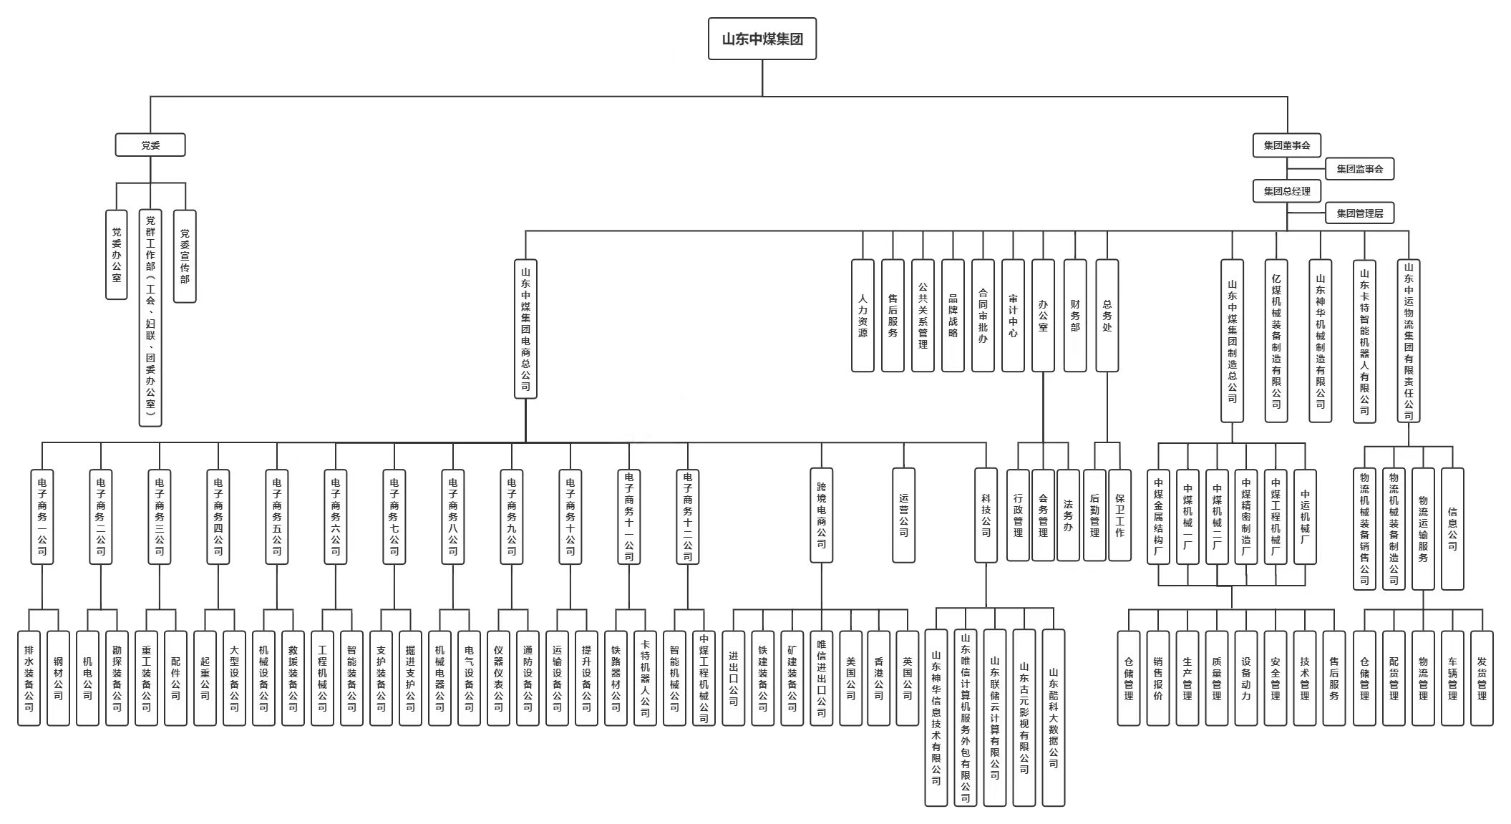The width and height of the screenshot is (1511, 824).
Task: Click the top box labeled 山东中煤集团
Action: pyautogui.click(x=762, y=39)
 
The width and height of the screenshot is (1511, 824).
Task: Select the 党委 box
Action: pyautogui.click(x=150, y=145)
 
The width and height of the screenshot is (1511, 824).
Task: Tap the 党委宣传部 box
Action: pyautogui.click(x=185, y=256)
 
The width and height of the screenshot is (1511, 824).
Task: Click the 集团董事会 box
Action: pyautogui.click(x=1286, y=145)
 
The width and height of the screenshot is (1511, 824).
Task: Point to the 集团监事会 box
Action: pyautogui.click(x=1359, y=170)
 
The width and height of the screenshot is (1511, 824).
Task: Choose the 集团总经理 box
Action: pyautogui.click(x=1286, y=191)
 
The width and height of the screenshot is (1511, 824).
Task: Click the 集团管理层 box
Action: pyautogui.click(x=1359, y=213)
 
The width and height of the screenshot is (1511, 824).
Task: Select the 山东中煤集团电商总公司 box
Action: pyautogui.click(x=525, y=329)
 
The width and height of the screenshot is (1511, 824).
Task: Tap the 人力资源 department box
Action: pyautogui.click(x=863, y=316)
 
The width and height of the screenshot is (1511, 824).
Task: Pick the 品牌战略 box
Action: pyautogui.click(x=953, y=316)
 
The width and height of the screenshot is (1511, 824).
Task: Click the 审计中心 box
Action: pyautogui.click(x=1013, y=316)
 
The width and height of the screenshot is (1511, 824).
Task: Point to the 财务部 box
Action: pyautogui.click(x=1074, y=316)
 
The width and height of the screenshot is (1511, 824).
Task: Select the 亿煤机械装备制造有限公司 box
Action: pyautogui.click(x=1276, y=341)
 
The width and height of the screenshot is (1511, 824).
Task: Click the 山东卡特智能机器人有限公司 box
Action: pyautogui.click(x=1364, y=341)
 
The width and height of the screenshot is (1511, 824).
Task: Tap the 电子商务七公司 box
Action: pyautogui.click(x=394, y=516)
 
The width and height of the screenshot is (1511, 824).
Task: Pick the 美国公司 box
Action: pyautogui.click(x=850, y=678)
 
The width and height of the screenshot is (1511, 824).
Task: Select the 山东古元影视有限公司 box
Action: pyautogui.click(x=1024, y=717)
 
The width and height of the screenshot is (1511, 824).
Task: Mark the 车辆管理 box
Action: pyautogui.click(x=1452, y=678)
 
